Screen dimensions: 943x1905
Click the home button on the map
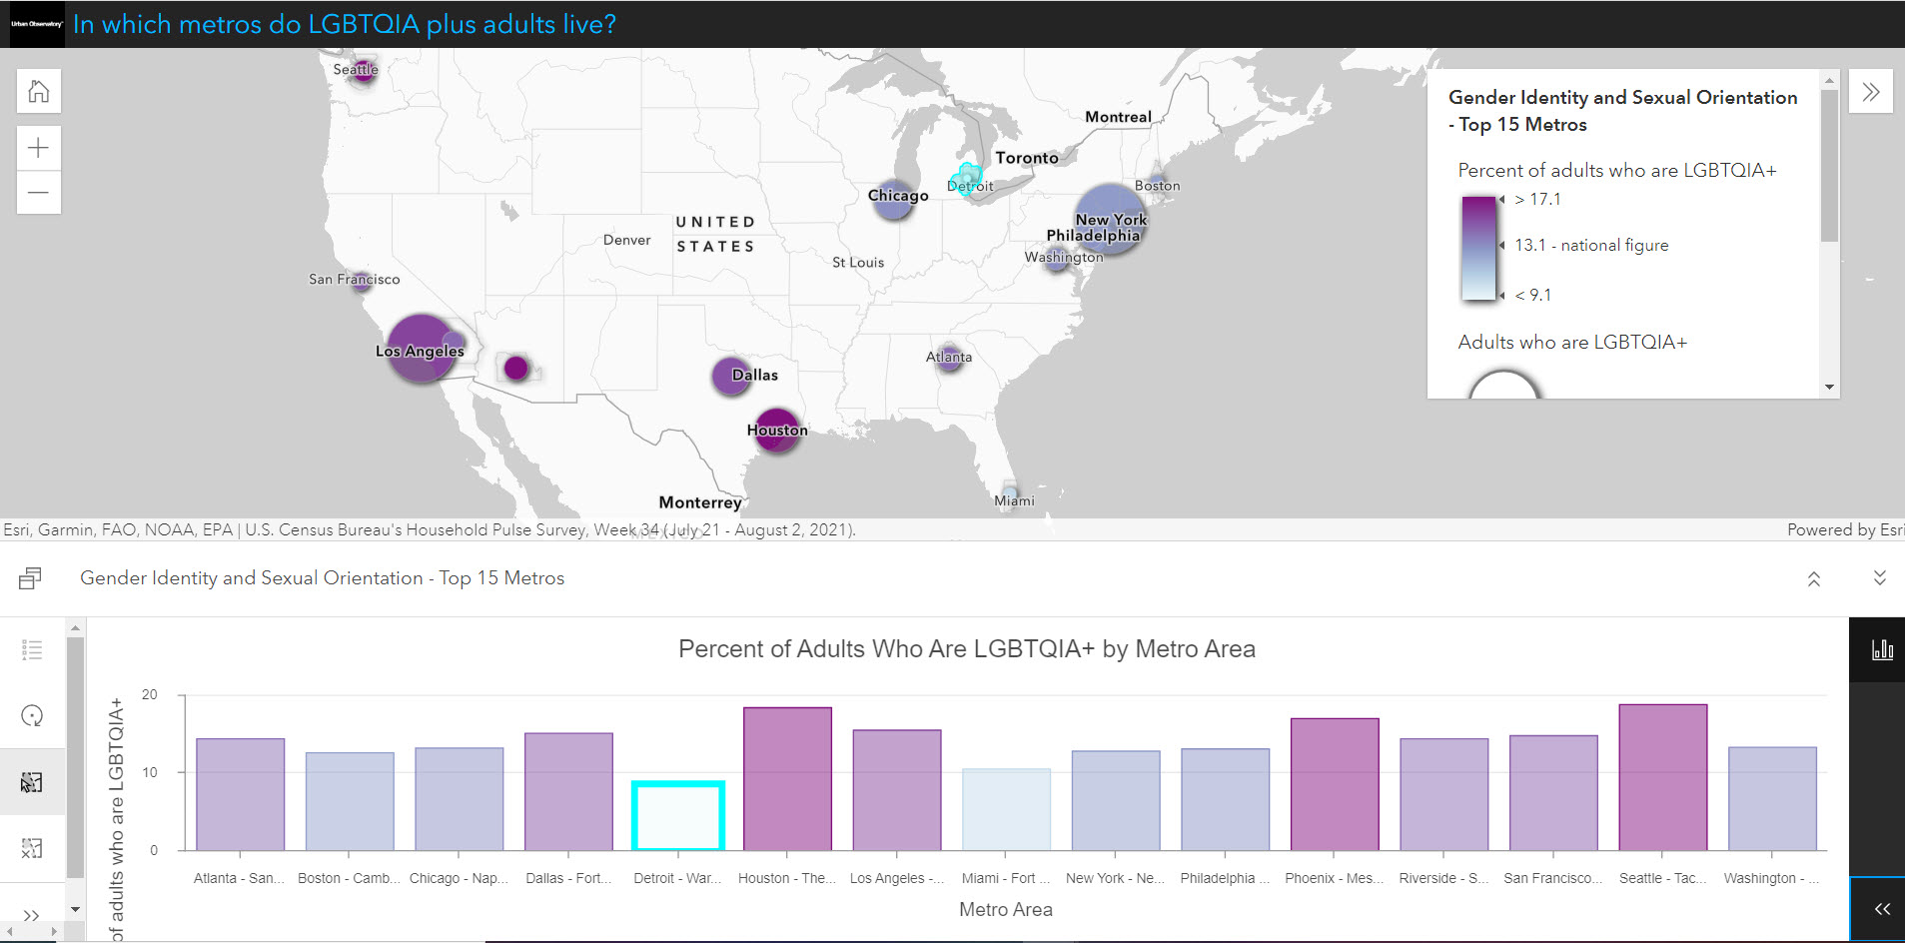[39, 92]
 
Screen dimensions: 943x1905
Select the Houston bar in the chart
[787, 779]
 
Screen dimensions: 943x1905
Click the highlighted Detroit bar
[677, 816]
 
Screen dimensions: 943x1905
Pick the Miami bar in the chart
[1006, 809]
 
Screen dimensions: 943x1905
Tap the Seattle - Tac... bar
[1662, 777]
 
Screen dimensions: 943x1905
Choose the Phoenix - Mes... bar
[1334, 784]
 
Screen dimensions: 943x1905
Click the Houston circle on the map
[776, 430]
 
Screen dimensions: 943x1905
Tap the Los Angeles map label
[420, 351]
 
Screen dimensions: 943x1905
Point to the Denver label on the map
[626, 240]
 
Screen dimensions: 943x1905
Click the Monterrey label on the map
[699, 502]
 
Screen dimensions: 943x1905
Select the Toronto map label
[1026, 158]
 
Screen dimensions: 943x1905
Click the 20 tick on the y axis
[150, 694]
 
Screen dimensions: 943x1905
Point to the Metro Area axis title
[1005, 909]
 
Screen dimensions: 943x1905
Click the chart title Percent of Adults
[966, 649]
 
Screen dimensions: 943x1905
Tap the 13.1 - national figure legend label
[1590, 245]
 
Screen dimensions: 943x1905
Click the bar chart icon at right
[1882, 649]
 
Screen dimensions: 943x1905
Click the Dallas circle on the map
[730, 376]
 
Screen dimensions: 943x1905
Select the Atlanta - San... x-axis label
[239, 878]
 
